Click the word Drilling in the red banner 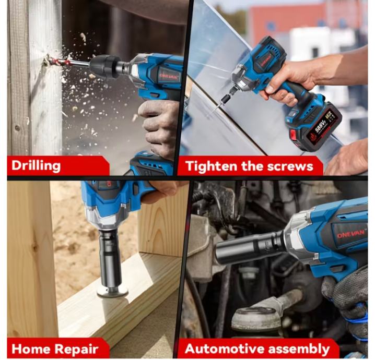[x=36, y=166]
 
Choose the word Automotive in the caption [x=224, y=349]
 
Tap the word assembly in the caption [x=299, y=349]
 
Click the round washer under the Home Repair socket [x=112, y=292]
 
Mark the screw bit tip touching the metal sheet [x=214, y=110]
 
